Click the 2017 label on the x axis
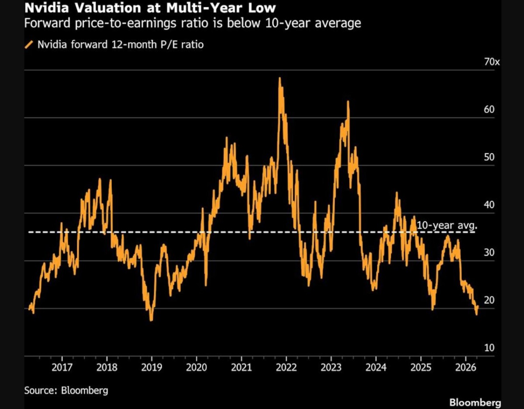(62, 368)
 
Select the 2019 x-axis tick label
(152, 368)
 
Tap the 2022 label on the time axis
(286, 368)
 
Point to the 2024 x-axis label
(376, 368)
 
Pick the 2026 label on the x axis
(465, 368)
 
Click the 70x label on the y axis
(492, 62)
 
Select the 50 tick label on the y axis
(489, 157)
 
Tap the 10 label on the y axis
(489, 348)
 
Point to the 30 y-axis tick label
(489, 253)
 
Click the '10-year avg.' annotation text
(447, 226)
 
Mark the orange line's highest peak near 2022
(280, 78)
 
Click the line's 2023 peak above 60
(348, 101)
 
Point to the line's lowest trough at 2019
(151, 320)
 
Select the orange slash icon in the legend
(29, 45)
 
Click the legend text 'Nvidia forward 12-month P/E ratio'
(121, 45)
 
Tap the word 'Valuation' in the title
(108, 8)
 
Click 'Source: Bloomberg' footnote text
(66, 391)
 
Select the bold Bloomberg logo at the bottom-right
(475, 403)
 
